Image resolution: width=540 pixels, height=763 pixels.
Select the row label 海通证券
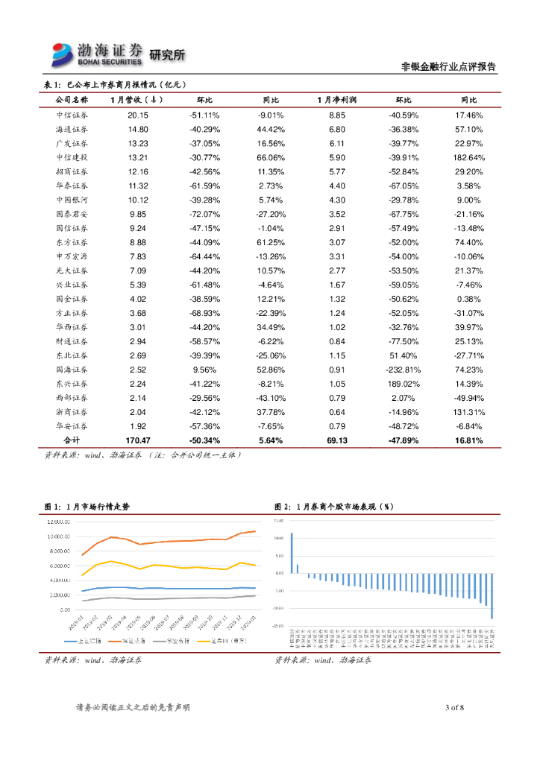click(72, 130)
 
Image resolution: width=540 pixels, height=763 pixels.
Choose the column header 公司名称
click(72, 100)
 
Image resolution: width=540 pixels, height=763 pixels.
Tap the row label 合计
click(72, 440)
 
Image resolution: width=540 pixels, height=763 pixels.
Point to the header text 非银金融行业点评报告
click(448, 66)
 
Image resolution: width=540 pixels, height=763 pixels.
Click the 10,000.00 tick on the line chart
click(58, 536)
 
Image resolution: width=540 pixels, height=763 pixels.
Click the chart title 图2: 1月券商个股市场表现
click(333, 507)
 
